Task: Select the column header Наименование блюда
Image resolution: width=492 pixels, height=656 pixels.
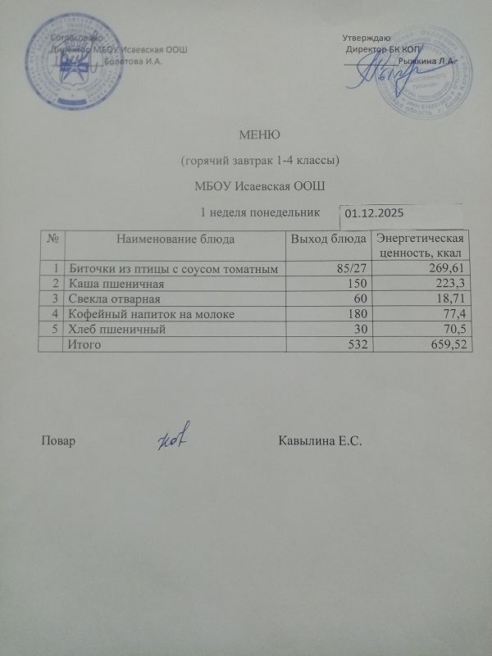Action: coord(175,239)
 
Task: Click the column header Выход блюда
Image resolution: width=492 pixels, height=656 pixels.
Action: coord(329,239)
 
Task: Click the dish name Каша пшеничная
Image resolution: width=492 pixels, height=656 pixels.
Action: coord(107,283)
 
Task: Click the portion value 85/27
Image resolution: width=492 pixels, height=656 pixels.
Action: coord(352,268)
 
